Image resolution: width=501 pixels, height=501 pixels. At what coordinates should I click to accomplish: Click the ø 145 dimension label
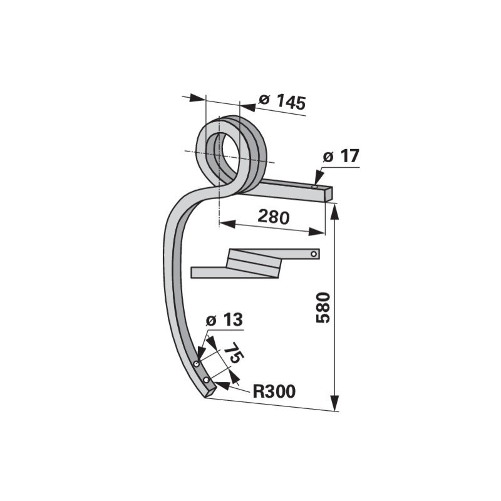point(282,102)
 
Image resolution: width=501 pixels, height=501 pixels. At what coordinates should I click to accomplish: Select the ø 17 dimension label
point(341,156)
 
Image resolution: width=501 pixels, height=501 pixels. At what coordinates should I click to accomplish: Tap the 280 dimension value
point(274,217)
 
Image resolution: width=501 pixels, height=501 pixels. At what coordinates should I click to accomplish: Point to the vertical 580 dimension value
point(323,307)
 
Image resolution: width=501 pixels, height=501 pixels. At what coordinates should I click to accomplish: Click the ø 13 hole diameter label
point(224,319)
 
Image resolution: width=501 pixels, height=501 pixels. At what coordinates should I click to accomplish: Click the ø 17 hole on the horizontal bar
point(315,187)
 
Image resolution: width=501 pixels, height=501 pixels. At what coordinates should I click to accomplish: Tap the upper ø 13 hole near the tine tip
point(197,364)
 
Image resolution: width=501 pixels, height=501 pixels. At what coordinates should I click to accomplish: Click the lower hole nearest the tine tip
point(207,380)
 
